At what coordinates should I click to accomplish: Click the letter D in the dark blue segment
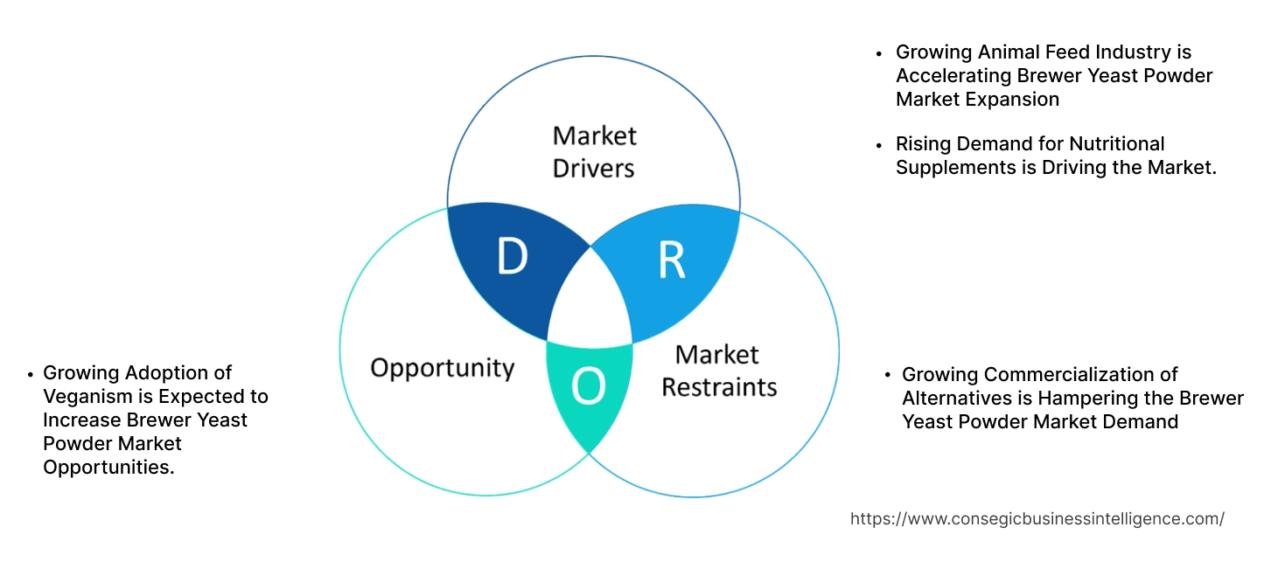point(512,256)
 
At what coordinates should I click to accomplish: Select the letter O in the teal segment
point(588,386)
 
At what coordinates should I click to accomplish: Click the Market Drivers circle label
point(594,151)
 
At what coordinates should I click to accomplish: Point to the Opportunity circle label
point(442,367)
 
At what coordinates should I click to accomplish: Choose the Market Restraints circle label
point(718,371)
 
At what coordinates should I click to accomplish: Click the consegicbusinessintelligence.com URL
point(1037,518)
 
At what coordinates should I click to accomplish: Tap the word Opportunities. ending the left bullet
point(108,467)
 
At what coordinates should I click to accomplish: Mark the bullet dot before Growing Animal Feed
point(879,53)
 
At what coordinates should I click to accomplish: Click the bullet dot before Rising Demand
point(879,144)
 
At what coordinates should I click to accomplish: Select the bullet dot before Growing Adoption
point(31,373)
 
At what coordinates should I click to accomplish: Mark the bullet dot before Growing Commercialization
point(889,376)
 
